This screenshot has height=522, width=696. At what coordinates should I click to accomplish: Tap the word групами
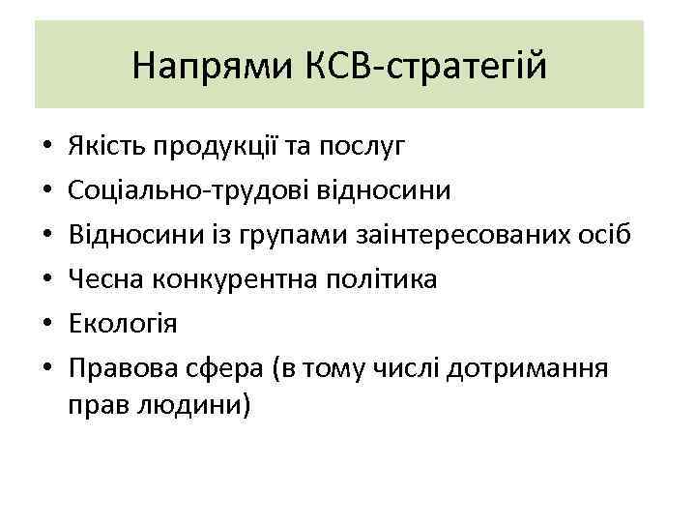pyautogui.click(x=285, y=236)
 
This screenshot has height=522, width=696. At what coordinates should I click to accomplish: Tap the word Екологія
pyautogui.click(x=122, y=324)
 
